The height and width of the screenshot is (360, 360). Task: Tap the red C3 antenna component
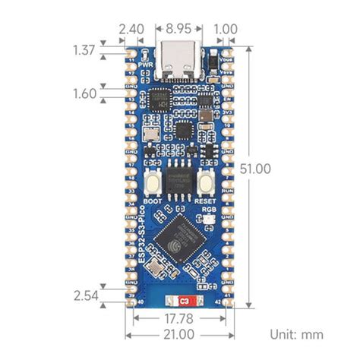point(183,302)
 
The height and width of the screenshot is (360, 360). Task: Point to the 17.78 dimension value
point(181,318)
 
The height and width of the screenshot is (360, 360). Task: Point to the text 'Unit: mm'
point(296,334)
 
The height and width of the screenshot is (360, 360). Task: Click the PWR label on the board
point(147,65)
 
